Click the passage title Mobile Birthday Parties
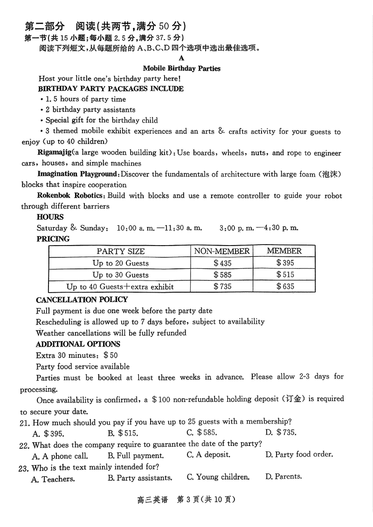(x=181, y=68)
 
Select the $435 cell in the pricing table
(x=222, y=263)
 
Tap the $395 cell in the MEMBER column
(x=285, y=263)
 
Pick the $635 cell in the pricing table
(x=285, y=287)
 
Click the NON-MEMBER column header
(x=222, y=251)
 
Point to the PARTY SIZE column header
(x=121, y=252)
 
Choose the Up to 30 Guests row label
(x=120, y=275)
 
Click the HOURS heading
(x=50, y=217)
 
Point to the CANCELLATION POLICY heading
(x=82, y=300)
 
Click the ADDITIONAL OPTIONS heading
(x=78, y=344)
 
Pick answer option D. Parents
(x=283, y=477)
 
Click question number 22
(x=24, y=445)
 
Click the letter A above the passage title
(x=181, y=58)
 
